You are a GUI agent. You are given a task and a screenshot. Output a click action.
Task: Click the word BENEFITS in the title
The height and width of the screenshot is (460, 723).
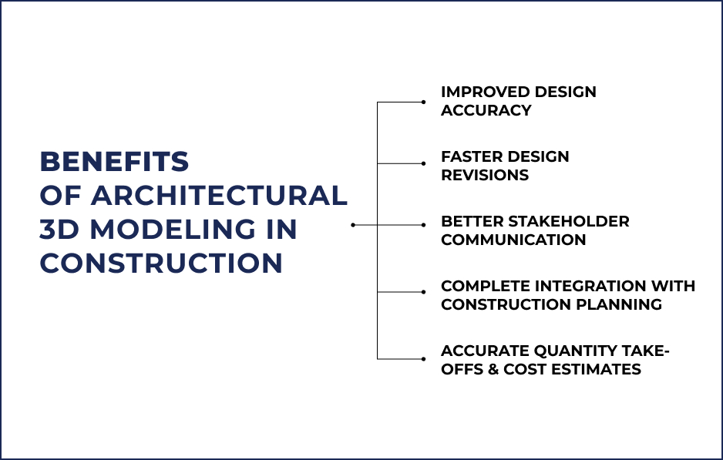(x=114, y=162)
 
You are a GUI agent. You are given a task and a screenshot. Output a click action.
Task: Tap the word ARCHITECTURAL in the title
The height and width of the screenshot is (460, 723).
(x=220, y=196)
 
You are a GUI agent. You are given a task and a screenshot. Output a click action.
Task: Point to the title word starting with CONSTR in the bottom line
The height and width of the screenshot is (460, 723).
(x=161, y=264)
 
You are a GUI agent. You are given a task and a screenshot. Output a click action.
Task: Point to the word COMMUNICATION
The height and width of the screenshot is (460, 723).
(x=513, y=240)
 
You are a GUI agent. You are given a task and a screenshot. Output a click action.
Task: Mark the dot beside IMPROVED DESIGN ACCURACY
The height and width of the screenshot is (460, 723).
(x=423, y=102)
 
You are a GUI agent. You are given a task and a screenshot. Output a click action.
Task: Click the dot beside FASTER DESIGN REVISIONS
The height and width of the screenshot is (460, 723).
(x=423, y=163)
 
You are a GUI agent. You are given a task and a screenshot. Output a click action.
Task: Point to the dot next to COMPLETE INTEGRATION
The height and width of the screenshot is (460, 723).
(x=423, y=291)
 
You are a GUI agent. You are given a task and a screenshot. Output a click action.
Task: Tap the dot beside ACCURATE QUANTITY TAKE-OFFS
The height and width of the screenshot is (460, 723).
(x=423, y=358)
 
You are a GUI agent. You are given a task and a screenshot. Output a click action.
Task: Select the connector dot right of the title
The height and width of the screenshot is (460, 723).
(x=353, y=225)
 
